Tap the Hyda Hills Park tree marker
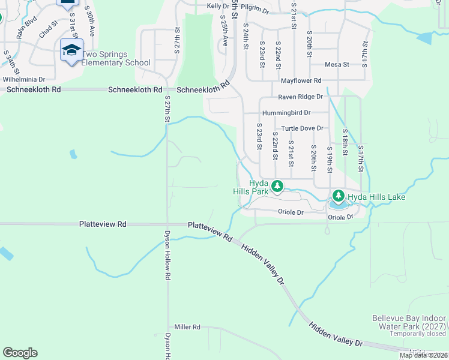click(277, 185)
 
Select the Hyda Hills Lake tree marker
click(339, 196)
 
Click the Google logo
click(20, 353)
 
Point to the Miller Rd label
click(187, 327)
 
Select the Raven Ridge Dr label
click(300, 97)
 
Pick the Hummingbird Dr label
click(286, 113)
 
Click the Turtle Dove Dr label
click(303, 128)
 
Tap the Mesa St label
click(337, 65)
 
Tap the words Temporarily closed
click(418, 334)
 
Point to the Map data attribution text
click(423, 355)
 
